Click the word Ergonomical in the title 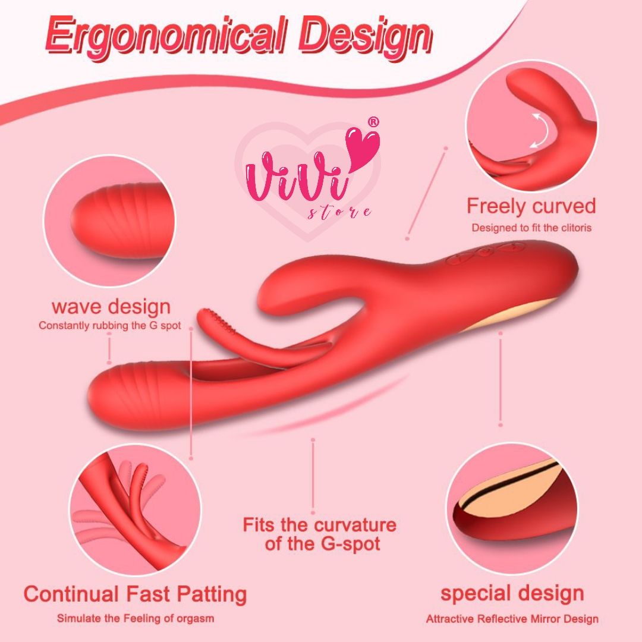point(165,36)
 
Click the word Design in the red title point(365,37)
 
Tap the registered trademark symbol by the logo point(373,122)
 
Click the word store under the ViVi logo point(339,212)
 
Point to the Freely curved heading point(531,206)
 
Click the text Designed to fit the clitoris point(531,228)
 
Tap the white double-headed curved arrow point(540,131)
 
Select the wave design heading point(111,307)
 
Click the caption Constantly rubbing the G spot point(110,326)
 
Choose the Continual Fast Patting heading point(135,594)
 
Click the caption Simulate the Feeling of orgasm point(135,618)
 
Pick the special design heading point(512,593)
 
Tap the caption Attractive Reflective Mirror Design point(512,619)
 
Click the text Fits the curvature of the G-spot point(320,534)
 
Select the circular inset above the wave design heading point(109,221)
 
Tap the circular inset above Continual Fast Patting point(135,510)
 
